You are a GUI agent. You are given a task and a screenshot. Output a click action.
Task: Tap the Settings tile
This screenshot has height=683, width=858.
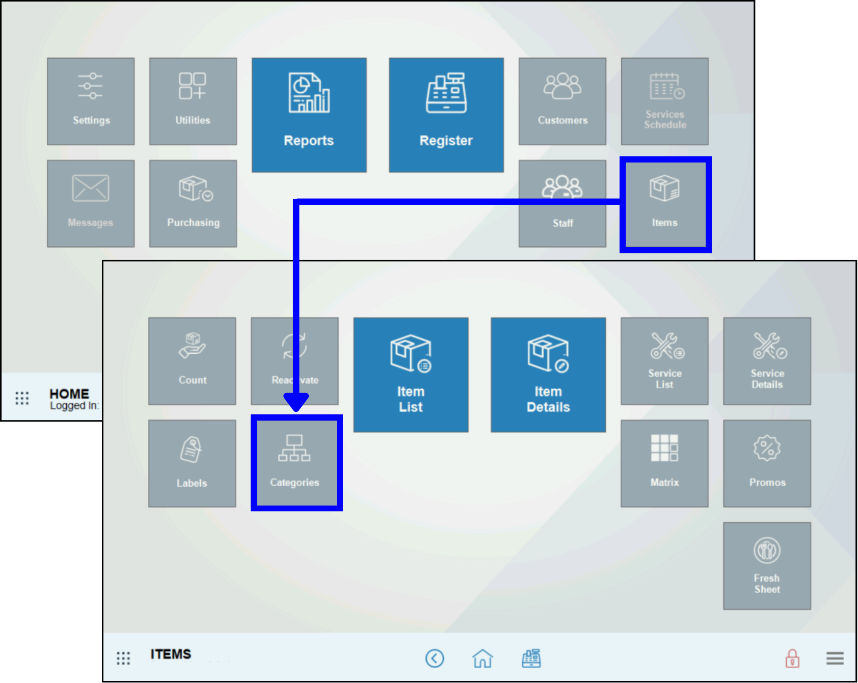[x=91, y=101]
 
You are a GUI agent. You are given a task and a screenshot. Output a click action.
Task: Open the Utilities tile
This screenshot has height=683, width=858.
[x=193, y=101]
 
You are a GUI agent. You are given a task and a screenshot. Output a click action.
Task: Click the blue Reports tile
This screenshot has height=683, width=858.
[x=309, y=115]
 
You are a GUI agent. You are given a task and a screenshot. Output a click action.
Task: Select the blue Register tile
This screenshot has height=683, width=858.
[x=446, y=115]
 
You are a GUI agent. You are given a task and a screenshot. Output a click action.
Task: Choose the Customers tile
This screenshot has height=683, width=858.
[x=562, y=101]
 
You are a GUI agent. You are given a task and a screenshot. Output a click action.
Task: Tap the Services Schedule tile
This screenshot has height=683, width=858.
[x=664, y=101]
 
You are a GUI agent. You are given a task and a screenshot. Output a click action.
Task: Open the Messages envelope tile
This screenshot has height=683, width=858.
[x=91, y=204]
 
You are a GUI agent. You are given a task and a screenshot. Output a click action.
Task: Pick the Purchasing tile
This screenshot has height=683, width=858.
[x=193, y=204]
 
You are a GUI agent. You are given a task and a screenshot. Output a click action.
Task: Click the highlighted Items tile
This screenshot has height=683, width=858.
[x=665, y=204]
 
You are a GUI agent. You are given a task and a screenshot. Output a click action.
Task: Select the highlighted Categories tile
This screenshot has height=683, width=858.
[x=296, y=463]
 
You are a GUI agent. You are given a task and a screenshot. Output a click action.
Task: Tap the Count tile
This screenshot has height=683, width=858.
[x=192, y=361]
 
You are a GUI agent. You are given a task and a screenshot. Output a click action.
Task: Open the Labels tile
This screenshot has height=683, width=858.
[x=192, y=463]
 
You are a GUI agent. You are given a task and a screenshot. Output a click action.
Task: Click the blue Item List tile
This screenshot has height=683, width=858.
[x=411, y=375]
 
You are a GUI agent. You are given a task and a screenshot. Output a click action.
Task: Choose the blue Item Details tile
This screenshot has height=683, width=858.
[x=548, y=375]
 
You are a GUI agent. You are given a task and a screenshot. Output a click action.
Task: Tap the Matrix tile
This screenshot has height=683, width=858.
[x=664, y=463]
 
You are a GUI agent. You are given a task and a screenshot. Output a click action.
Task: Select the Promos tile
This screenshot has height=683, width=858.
[x=767, y=463]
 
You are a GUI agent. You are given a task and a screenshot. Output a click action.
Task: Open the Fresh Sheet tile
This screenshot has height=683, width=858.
[x=767, y=566]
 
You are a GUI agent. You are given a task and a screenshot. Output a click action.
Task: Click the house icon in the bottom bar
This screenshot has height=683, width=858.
[x=482, y=659]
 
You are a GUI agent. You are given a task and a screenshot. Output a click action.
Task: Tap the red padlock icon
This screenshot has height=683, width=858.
[x=792, y=659]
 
